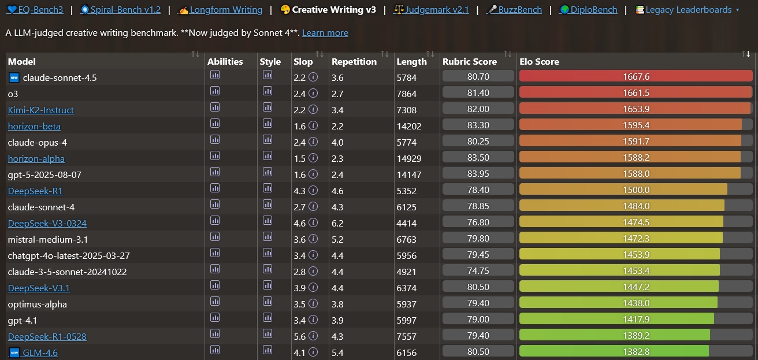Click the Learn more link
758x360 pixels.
(x=325, y=33)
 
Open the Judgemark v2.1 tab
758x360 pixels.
(x=431, y=10)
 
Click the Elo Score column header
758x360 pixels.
(x=539, y=61)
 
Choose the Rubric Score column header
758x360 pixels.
(x=469, y=61)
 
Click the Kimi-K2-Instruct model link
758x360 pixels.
(x=40, y=110)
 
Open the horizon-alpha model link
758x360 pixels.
(x=36, y=158)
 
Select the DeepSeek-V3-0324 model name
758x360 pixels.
(x=47, y=223)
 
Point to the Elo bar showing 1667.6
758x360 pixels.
(x=636, y=77)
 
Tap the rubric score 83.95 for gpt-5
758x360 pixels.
(x=478, y=174)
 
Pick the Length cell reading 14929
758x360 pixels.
(x=409, y=158)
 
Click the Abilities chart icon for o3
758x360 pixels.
(x=215, y=91)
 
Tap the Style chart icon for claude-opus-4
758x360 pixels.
(x=267, y=139)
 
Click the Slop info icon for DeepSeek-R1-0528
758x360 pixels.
(x=313, y=336)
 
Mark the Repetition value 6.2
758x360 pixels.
(x=337, y=223)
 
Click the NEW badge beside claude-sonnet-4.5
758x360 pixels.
(x=14, y=77)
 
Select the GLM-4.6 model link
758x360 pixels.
(x=40, y=352)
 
